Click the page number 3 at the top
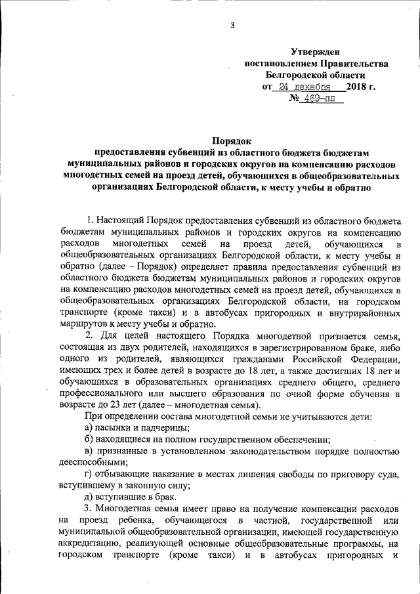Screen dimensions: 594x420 pos(232,26)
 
